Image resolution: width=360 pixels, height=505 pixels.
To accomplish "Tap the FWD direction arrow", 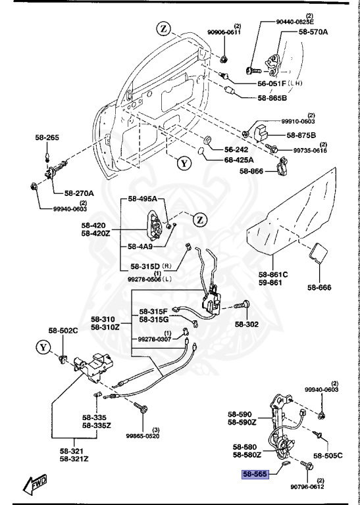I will point(35,485).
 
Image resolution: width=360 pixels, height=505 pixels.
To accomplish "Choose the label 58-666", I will point(319,287).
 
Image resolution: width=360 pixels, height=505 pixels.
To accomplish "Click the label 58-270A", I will point(79,193).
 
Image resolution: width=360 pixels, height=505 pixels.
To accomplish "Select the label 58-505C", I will point(328,455).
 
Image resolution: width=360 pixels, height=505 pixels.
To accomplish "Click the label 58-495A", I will point(142,199).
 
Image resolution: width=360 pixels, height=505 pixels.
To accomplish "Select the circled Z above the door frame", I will point(163,28).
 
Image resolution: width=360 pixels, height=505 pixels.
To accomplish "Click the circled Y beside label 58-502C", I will point(43,346).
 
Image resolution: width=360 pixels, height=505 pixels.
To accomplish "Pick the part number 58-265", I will point(47,137).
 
